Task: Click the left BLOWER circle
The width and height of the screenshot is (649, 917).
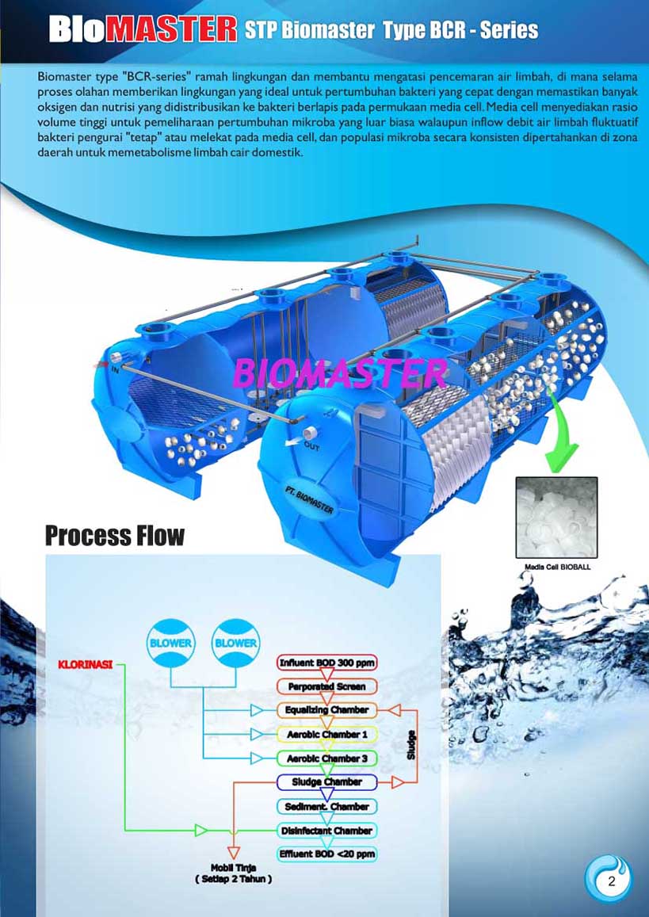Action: [x=170, y=643]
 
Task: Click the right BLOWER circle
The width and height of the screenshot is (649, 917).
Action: [x=236, y=643]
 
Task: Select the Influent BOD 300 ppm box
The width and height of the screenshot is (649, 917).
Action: [x=327, y=663]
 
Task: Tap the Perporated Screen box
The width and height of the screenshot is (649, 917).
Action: [x=327, y=686]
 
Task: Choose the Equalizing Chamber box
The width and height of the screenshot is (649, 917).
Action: [x=327, y=710]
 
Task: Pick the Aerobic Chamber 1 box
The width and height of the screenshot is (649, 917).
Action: [x=327, y=735]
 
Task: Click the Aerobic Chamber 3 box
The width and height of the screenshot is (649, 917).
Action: [x=327, y=758]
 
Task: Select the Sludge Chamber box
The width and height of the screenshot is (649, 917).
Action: [x=327, y=782]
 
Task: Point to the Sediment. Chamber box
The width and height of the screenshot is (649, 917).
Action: [x=327, y=807]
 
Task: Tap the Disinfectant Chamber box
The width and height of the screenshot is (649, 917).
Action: [x=327, y=831]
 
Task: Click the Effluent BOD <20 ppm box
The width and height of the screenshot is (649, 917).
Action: [x=327, y=854]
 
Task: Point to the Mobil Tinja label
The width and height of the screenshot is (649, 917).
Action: [x=233, y=869]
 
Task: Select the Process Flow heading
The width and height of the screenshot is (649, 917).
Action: [x=114, y=536]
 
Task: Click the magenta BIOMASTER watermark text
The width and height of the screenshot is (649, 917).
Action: [x=340, y=372]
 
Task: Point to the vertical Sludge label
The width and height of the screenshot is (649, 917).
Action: [x=411, y=746]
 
